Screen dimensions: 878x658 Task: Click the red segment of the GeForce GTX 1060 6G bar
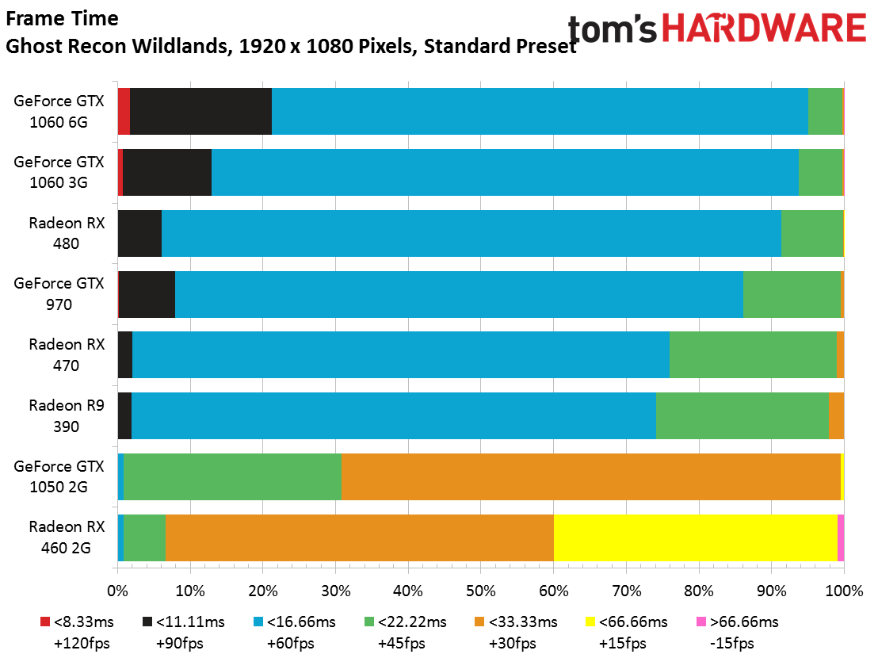(x=124, y=111)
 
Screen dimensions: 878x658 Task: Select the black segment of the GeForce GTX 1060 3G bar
(x=167, y=172)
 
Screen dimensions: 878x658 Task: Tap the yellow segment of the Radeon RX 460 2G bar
(x=696, y=537)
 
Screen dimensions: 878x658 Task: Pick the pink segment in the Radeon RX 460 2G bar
(x=841, y=537)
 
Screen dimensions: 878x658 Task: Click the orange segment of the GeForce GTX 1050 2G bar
(x=590, y=476)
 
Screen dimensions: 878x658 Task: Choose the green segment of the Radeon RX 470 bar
(x=753, y=354)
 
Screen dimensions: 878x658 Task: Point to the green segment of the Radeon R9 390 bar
(x=742, y=415)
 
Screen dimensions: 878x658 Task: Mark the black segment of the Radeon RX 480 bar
(x=140, y=233)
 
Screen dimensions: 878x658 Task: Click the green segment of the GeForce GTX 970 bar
(x=792, y=294)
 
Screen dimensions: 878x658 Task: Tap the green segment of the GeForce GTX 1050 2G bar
(x=232, y=476)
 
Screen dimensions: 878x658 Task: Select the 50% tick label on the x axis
(x=481, y=591)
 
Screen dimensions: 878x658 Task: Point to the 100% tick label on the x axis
(x=844, y=591)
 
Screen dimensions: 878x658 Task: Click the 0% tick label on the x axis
(x=117, y=591)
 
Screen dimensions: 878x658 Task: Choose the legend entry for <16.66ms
(x=295, y=633)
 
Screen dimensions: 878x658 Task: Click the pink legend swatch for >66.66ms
(x=701, y=622)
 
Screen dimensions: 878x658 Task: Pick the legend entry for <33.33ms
(x=517, y=633)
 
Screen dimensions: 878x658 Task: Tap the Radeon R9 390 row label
(x=67, y=415)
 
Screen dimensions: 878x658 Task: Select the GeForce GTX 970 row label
(x=59, y=294)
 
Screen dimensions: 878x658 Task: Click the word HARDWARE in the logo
(x=765, y=28)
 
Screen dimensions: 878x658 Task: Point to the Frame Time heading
(x=62, y=18)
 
